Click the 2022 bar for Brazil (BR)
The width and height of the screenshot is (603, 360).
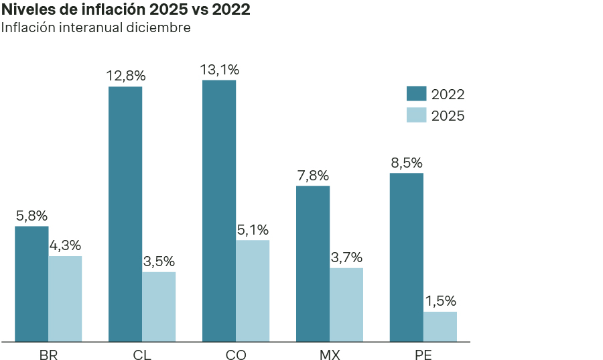31,284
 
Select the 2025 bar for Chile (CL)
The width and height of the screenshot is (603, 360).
159,306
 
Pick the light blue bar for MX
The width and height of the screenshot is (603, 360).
346,304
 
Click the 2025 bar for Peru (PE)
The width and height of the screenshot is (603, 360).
440,326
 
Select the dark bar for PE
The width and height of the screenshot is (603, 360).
407,257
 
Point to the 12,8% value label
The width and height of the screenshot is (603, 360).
126,76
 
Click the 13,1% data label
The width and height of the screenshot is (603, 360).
220,70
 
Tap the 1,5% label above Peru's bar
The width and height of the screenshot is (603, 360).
440,301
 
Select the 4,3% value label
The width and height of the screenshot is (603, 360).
65,245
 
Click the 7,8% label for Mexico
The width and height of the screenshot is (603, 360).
313,176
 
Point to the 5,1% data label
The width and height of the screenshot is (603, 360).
253,230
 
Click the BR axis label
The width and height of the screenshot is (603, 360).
48,355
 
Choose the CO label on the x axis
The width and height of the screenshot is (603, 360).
236,355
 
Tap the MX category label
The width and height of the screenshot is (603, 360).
330,355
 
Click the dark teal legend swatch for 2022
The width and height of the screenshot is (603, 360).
416,94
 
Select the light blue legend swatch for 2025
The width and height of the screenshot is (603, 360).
416,115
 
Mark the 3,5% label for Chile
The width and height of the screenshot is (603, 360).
159,261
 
